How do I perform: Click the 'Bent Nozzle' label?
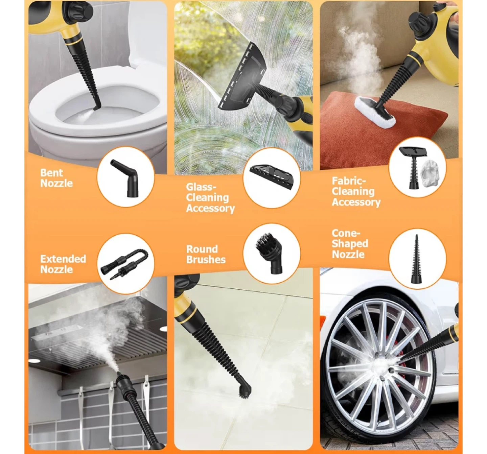point(56,178)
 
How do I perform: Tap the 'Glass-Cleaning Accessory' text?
point(210,197)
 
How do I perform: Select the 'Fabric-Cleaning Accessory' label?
point(356,192)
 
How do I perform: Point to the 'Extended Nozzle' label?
point(63,264)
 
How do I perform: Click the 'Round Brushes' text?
point(206,254)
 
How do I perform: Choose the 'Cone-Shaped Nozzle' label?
point(350,244)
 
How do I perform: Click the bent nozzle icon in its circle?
point(125,178)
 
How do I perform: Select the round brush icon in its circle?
point(269,254)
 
